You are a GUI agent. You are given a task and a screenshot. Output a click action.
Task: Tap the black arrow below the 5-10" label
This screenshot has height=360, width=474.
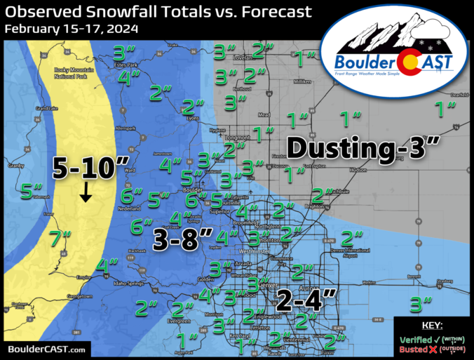pos(85,192)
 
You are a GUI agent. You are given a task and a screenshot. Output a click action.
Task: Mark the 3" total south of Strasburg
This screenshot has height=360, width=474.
pos(419,304)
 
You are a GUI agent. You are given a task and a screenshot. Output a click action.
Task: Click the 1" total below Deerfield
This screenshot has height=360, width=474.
pos(445,109)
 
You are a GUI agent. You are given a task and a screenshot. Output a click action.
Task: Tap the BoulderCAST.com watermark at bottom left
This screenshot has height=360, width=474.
pos(47,349)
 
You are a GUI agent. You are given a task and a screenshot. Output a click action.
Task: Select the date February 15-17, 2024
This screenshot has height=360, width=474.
pos(70,29)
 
